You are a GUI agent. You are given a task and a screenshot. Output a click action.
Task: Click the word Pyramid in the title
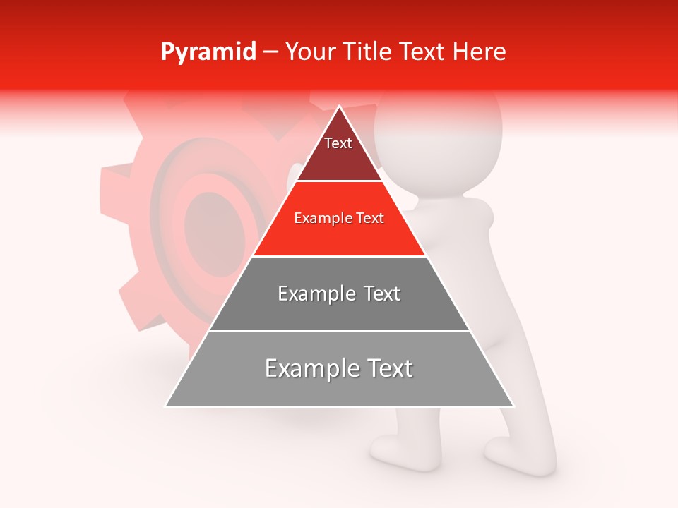tap(208, 52)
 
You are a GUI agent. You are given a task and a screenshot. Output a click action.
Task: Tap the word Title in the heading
tap(370, 52)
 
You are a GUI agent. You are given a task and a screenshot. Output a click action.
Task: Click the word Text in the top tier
tap(338, 143)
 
